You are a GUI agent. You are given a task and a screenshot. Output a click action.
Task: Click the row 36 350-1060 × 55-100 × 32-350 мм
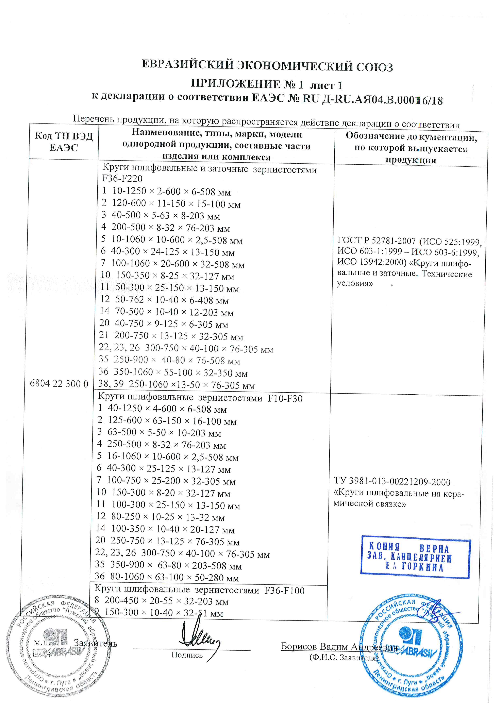(x=173, y=373)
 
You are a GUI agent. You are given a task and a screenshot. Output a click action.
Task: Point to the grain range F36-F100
(x=284, y=590)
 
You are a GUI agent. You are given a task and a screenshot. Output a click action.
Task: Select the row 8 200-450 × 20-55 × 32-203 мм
(x=161, y=601)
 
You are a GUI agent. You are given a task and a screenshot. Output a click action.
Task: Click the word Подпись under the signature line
(x=187, y=655)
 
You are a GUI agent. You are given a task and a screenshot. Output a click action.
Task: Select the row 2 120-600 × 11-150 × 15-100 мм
(x=171, y=203)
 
